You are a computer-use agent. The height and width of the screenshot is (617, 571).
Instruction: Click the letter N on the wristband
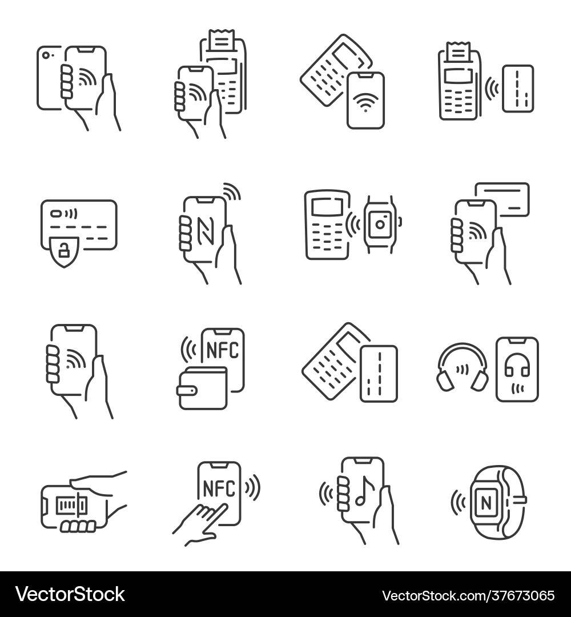click(x=485, y=503)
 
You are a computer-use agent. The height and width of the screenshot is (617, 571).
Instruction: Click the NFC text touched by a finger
click(x=218, y=488)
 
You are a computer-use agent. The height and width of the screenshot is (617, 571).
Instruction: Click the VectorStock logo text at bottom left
click(x=70, y=595)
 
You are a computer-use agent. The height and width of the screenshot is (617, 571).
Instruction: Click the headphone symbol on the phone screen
click(x=517, y=366)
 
